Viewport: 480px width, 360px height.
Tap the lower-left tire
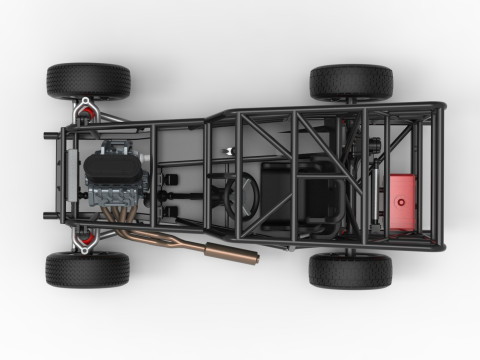coord(87,269)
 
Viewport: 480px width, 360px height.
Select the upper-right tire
coord(351,81)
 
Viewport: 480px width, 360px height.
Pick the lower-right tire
coord(350,269)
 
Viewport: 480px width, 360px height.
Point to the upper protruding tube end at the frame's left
coord(49,136)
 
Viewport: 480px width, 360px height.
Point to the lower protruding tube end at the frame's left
coord(49,214)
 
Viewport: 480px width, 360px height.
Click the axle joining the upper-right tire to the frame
coord(351,102)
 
